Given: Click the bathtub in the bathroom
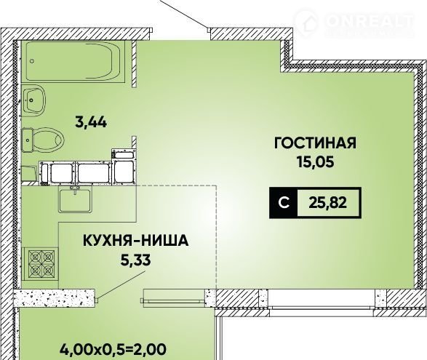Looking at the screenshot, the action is [x=75, y=61].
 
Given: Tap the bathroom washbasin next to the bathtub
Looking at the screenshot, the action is [x=33, y=99].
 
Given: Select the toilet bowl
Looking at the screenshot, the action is [x=43, y=140].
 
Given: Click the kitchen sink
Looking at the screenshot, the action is [x=75, y=201].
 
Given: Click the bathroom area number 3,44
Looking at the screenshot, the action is [x=91, y=123].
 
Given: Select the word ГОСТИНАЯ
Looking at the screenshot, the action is [x=315, y=143].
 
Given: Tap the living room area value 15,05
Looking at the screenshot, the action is [x=316, y=163].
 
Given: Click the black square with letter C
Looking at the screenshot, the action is [x=284, y=203].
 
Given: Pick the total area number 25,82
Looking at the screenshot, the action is [x=328, y=203].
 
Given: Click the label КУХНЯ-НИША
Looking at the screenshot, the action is [x=135, y=241].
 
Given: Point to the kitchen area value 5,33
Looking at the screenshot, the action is [x=135, y=260].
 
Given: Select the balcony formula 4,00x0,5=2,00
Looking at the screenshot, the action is [x=113, y=349].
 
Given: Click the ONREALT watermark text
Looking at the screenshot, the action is [x=370, y=20].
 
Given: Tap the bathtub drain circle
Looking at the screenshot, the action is [x=33, y=61].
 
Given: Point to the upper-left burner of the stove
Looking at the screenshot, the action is [x=35, y=257].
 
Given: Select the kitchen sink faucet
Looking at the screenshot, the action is [x=74, y=190].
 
